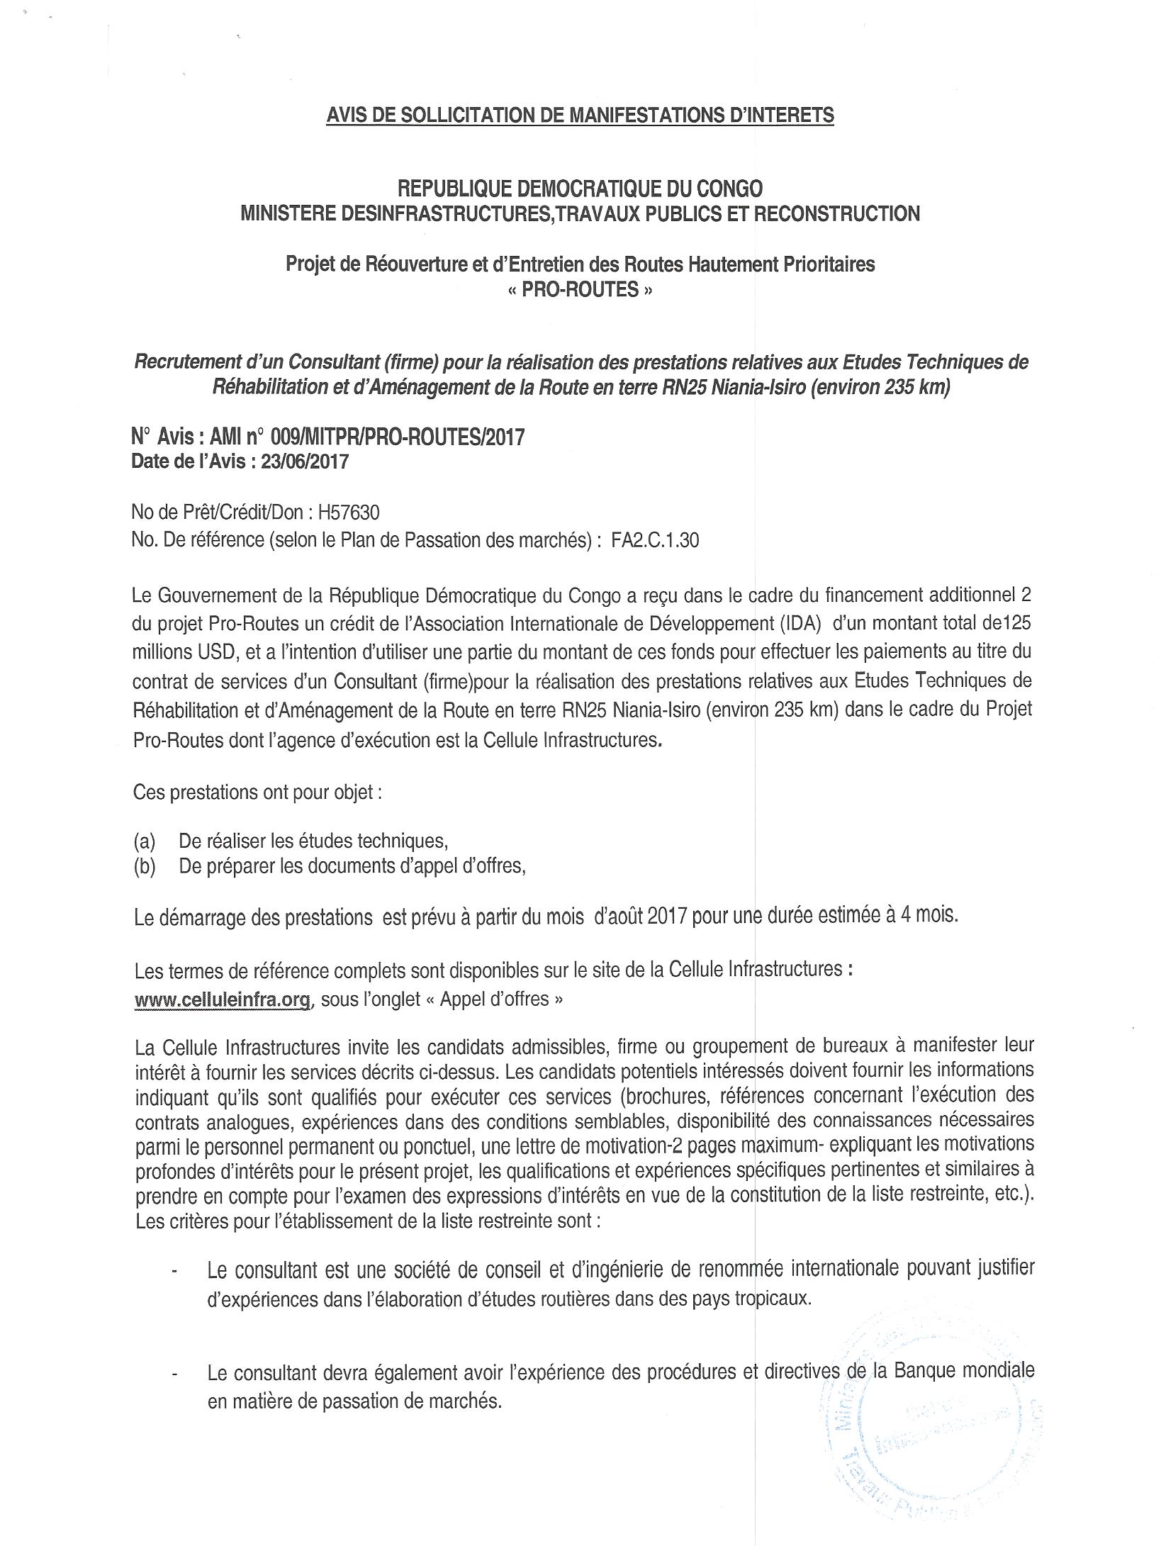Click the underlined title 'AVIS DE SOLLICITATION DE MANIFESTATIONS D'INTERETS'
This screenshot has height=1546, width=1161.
(580, 115)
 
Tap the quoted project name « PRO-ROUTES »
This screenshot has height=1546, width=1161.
(580, 290)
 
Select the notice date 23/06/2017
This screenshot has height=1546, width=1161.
(305, 462)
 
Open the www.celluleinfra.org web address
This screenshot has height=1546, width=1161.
(223, 1000)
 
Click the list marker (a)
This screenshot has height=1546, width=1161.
(145, 841)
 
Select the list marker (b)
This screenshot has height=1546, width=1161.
(145, 867)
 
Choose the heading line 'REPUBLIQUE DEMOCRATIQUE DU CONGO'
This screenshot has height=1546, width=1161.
(580, 189)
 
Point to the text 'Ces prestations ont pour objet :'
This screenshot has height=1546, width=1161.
(258, 792)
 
